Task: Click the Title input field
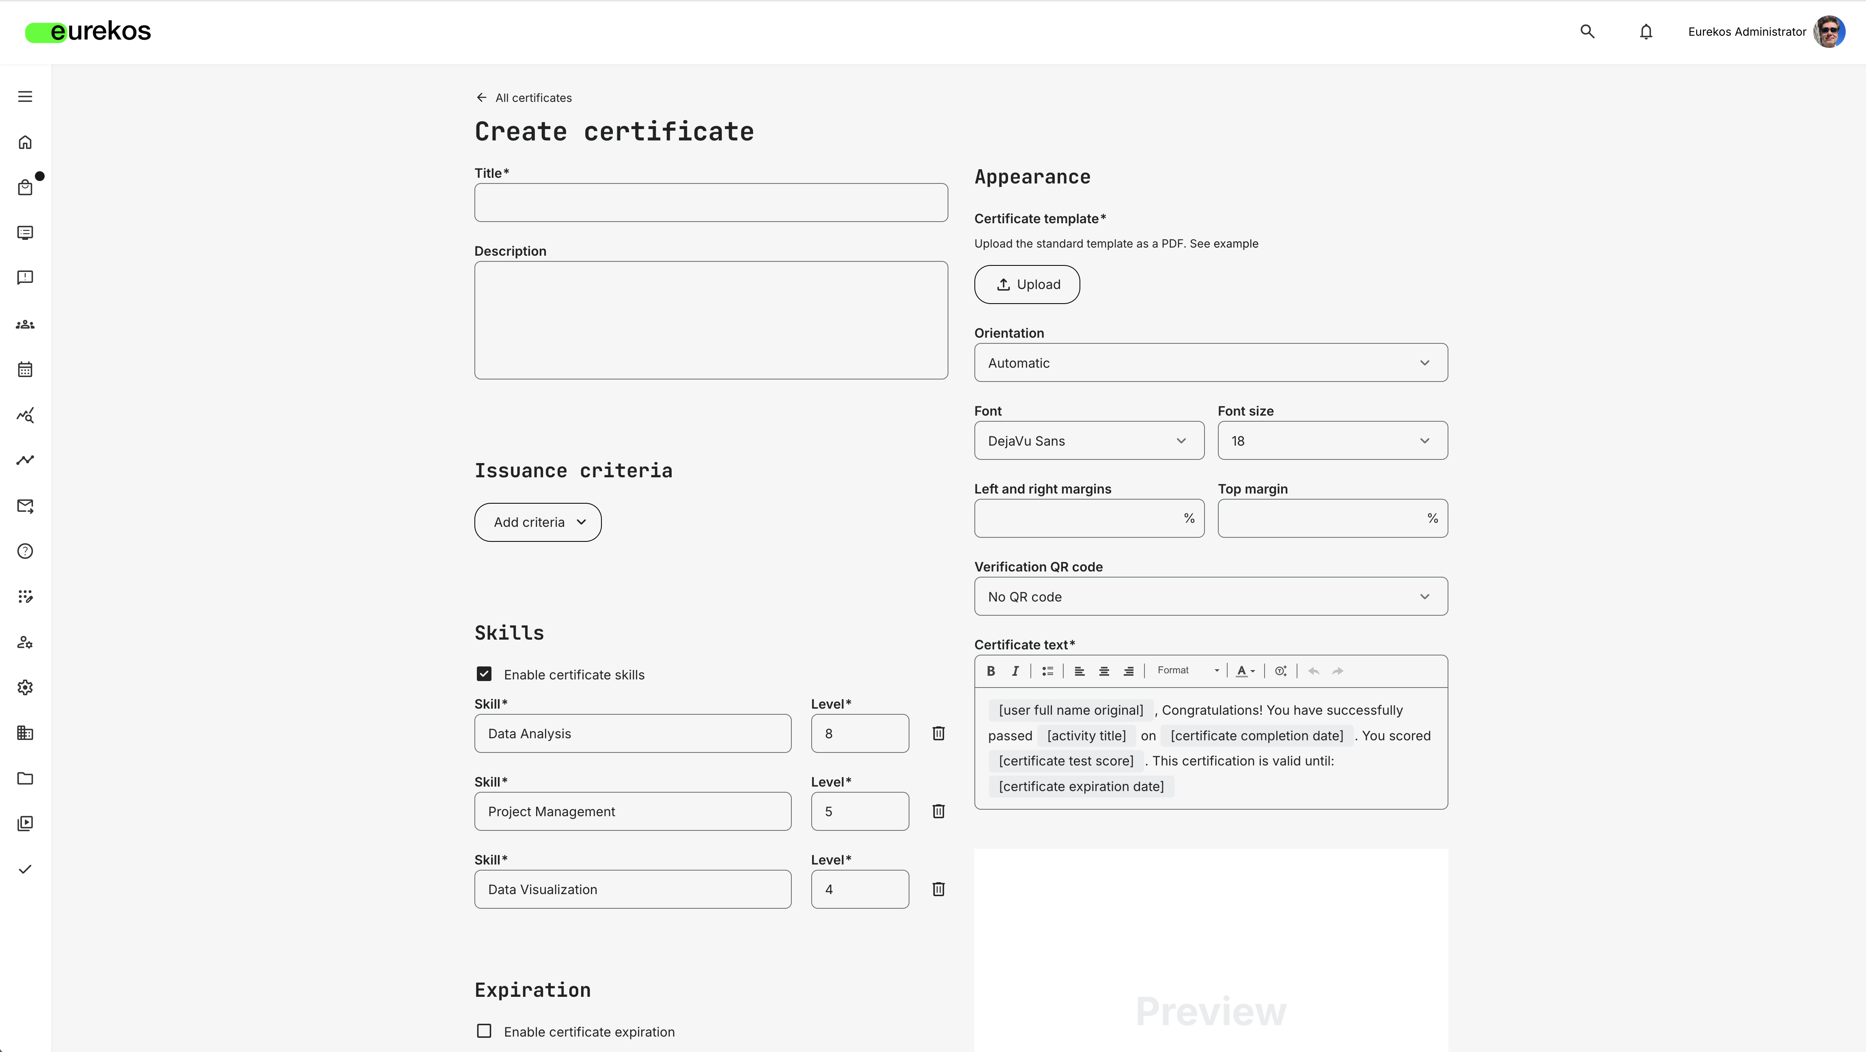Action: (x=711, y=203)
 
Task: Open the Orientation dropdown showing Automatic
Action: (x=1211, y=363)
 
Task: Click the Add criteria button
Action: (x=537, y=522)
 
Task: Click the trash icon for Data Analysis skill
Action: (x=938, y=734)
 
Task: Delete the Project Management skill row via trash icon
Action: (x=938, y=811)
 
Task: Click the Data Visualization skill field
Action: (x=632, y=890)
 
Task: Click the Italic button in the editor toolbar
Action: (x=1015, y=671)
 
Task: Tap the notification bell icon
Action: (x=1646, y=32)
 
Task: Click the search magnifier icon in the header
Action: (x=1587, y=32)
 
